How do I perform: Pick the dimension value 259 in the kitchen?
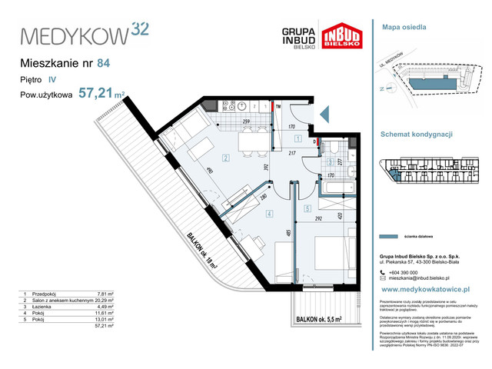(x=247, y=122)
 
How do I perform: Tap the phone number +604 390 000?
(x=409, y=272)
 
